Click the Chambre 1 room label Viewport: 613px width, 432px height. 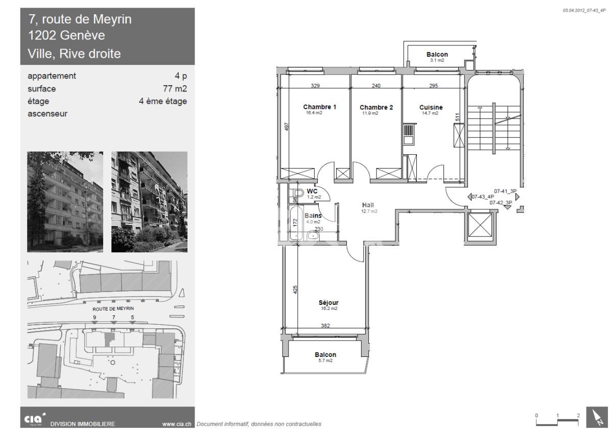320,107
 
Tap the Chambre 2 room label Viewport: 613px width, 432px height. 376,107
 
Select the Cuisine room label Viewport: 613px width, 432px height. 431,107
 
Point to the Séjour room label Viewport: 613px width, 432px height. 328,302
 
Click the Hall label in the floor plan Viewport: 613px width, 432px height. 368,205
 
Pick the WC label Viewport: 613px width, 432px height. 312,191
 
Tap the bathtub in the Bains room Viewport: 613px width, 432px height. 295,223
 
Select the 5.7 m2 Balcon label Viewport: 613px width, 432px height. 325,355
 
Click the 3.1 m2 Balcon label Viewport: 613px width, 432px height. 437,55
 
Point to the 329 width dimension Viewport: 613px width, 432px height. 315,86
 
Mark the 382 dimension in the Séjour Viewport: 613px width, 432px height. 325,325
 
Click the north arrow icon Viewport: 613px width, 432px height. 596,417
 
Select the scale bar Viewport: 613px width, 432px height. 557,419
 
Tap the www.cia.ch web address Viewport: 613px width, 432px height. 176,423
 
